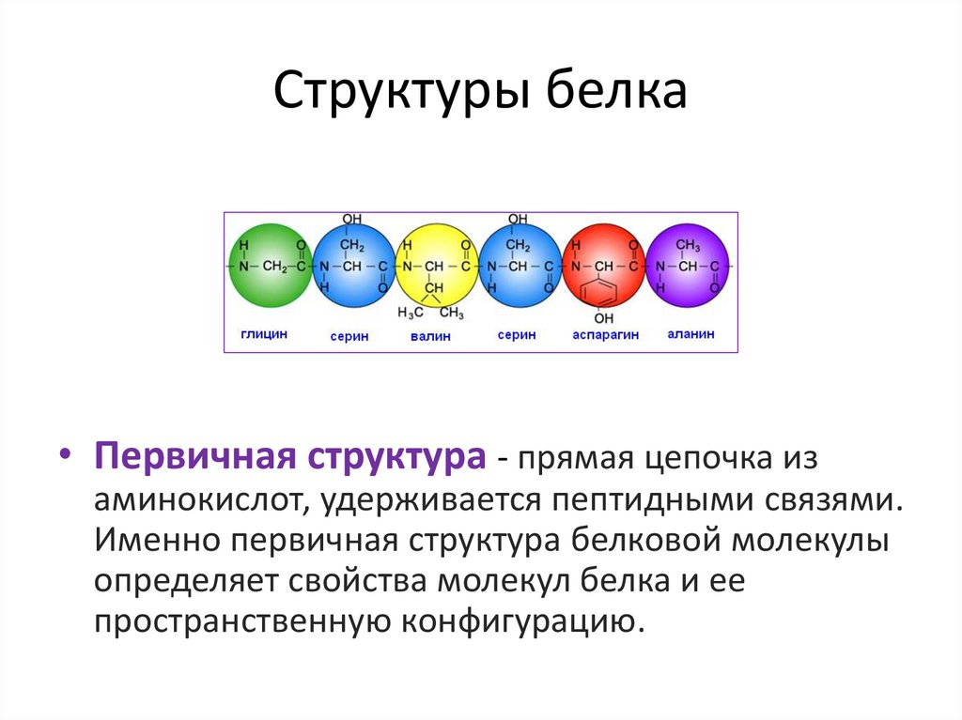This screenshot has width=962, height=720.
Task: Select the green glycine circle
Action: coord(269,267)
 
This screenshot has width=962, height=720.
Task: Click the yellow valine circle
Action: coord(433,267)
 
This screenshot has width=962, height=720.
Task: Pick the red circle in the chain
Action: coord(601,267)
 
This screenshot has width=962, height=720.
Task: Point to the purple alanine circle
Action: coord(689,267)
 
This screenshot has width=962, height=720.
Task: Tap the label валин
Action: coord(430,335)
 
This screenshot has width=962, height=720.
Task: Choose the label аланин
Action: coord(690,333)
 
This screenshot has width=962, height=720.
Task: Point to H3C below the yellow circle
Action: coord(411,313)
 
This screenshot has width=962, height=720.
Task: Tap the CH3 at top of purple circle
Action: coord(689,245)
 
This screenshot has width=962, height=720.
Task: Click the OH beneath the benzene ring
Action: coord(602,319)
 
